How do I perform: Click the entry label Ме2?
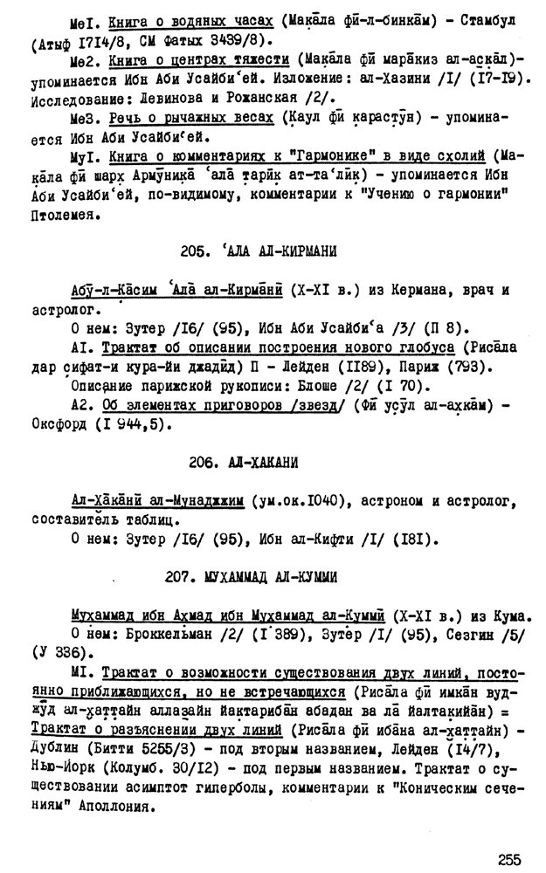pyautogui.click(x=86, y=59)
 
